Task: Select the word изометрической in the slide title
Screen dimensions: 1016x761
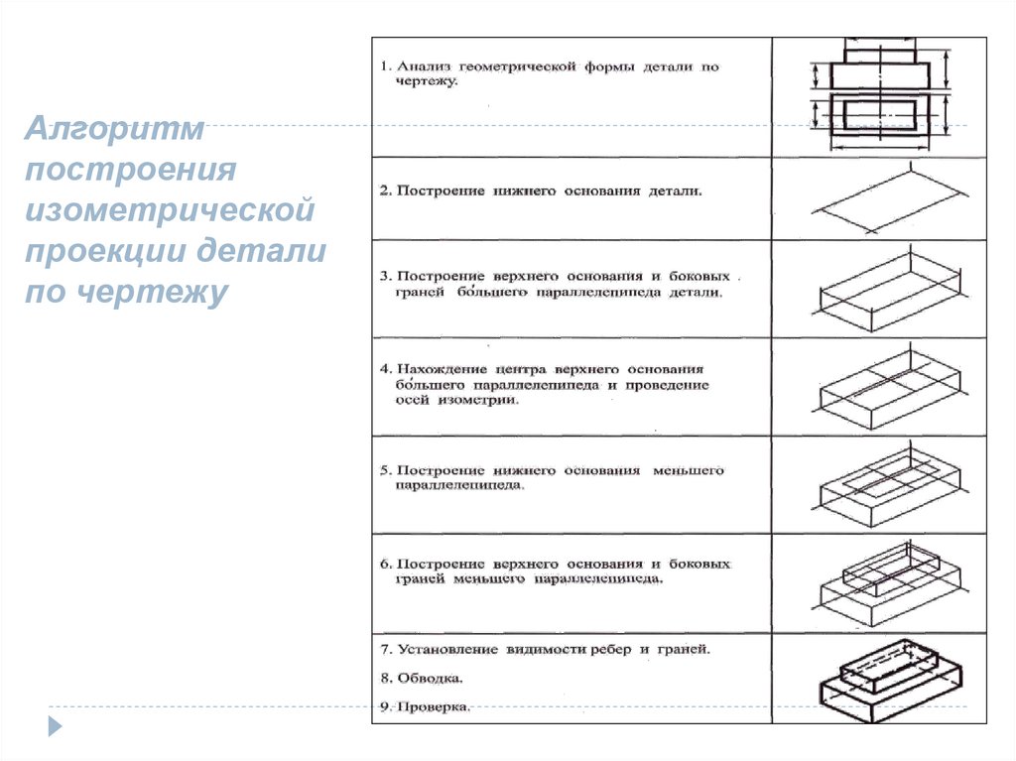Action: pyautogui.click(x=171, y=209)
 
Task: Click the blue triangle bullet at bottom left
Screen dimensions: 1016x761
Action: pyautogui.click(x=56, y=725)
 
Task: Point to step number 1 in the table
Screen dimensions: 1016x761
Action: pyautogui.click(x=384, y=66)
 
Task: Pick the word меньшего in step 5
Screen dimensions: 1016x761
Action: pyautogui.click(x=688, y=469)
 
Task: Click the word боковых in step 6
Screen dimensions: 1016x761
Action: pyautogui.click(x=699, y=564)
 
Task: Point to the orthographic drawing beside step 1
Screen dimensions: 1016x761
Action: pyautogui.click(x=879, y=96)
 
